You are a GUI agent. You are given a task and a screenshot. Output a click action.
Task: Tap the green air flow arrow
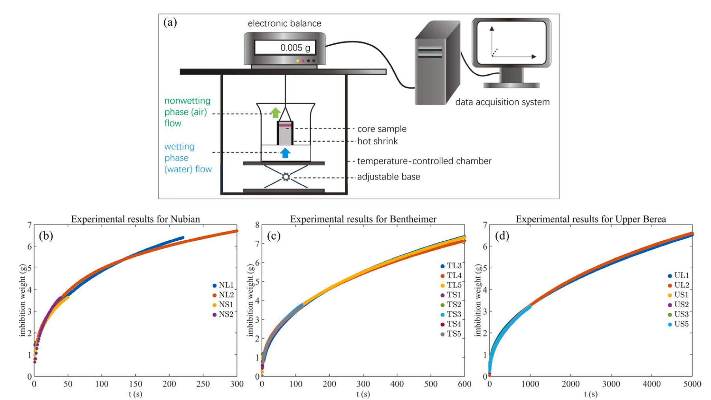pyautogui.click(x=275, y=113)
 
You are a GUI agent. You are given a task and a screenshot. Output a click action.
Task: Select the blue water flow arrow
pyautogui.click(x=285, y=152)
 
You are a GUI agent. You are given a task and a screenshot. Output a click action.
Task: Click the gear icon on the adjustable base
pyautogui.click(x=286, y=177)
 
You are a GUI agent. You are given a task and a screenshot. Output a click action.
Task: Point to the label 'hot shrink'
pyautogui.click(x=377, y=141)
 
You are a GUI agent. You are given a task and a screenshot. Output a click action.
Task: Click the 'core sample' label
pyautogui.click(x=382, y=129)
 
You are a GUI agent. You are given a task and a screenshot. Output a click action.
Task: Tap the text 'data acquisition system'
pyautogui.click(x=502, y=102)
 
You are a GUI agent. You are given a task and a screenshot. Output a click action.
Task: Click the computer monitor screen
pyautogui.click(x=512, y=43)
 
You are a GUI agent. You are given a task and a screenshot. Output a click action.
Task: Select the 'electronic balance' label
pyautogui.click(x=284, y=23)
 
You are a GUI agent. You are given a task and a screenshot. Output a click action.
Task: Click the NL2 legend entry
pyautogui.click(x=223, y=295)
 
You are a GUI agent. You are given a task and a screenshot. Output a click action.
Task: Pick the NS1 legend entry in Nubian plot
pyautogui.click(x=223, y=304)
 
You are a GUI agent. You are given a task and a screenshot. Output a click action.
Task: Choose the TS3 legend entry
pyautogui.click(x=451, y=314)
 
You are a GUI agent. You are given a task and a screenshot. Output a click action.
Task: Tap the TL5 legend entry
pyautogui.click(x=451, y=285)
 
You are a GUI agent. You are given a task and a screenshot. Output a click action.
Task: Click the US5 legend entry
pyautogui.click(x=679, y=324)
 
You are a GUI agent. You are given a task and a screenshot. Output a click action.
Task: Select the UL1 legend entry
pyautogui.click(x=679, y=276)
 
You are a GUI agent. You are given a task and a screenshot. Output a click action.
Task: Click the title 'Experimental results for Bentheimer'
pyautogui.click(x=363, y=219)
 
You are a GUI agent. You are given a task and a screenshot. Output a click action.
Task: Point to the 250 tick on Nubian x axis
pyautogui.click(x=203, y=384)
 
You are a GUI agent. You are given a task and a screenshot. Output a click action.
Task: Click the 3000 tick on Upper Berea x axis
pyautogui.click(x=611, y=384)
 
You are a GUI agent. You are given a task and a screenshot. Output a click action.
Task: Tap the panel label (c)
pyautogui.click(x=274, y=236)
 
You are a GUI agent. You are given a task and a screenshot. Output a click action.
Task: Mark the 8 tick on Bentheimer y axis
pyautogui.click(x=257, y=225)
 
